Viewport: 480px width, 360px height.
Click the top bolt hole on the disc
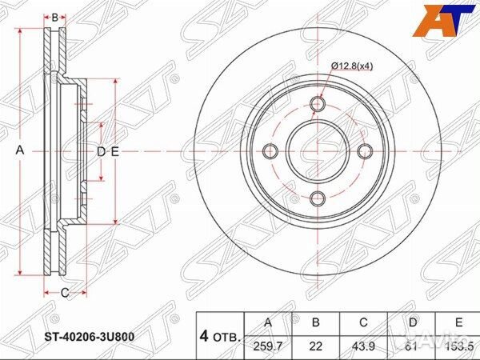[318, 105]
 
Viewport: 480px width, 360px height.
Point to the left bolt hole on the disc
[270, 152]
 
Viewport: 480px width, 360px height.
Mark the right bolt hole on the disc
[365, 152]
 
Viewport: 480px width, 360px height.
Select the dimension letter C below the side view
[64, 293]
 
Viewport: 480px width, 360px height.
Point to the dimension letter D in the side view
[101, 152]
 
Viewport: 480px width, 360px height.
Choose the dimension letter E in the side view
[115, 152]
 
